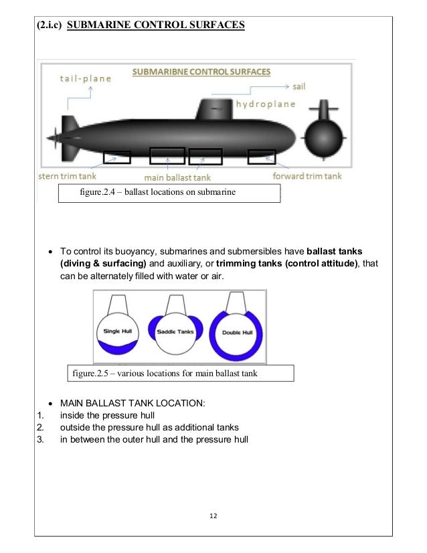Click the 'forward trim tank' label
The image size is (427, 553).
tap(307, 177)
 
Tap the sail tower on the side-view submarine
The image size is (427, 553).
tap(213, 109)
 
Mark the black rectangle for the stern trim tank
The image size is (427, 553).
tap(117, 158)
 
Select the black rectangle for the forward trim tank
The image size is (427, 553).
tap(261, 158)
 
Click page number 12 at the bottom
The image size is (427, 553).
tap(213, 516)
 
